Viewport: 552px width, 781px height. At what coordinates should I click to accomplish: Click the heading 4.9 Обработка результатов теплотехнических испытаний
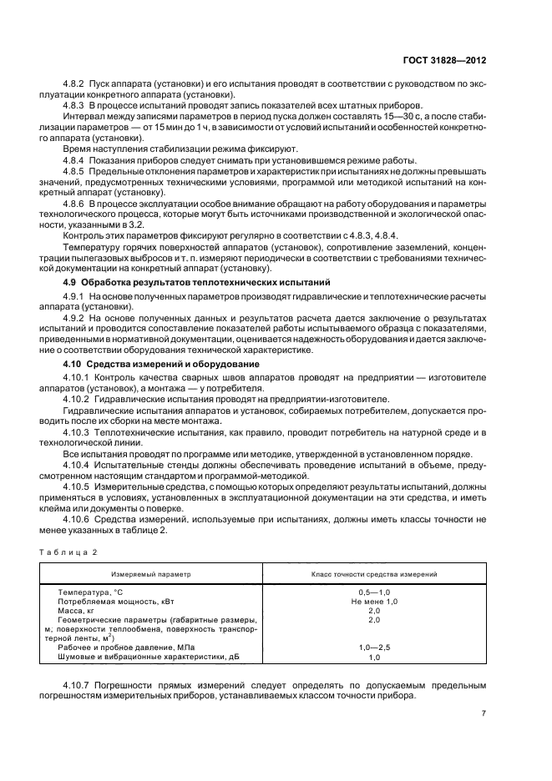[x=186, y=283]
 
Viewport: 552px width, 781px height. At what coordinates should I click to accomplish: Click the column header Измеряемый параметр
[x=152, y=575]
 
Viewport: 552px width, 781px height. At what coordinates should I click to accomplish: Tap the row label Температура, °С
[x=95, y=592]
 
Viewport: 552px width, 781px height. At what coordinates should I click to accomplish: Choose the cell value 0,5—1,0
[x=373, y=592]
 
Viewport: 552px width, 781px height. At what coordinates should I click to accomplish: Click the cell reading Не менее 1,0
[x=373, y=601]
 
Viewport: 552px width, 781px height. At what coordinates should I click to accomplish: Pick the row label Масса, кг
[x=77, y=610]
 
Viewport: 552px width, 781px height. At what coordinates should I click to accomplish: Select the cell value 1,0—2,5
[x=373, y=647]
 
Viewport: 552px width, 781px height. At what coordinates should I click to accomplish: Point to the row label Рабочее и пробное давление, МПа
[x=123, y=647]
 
